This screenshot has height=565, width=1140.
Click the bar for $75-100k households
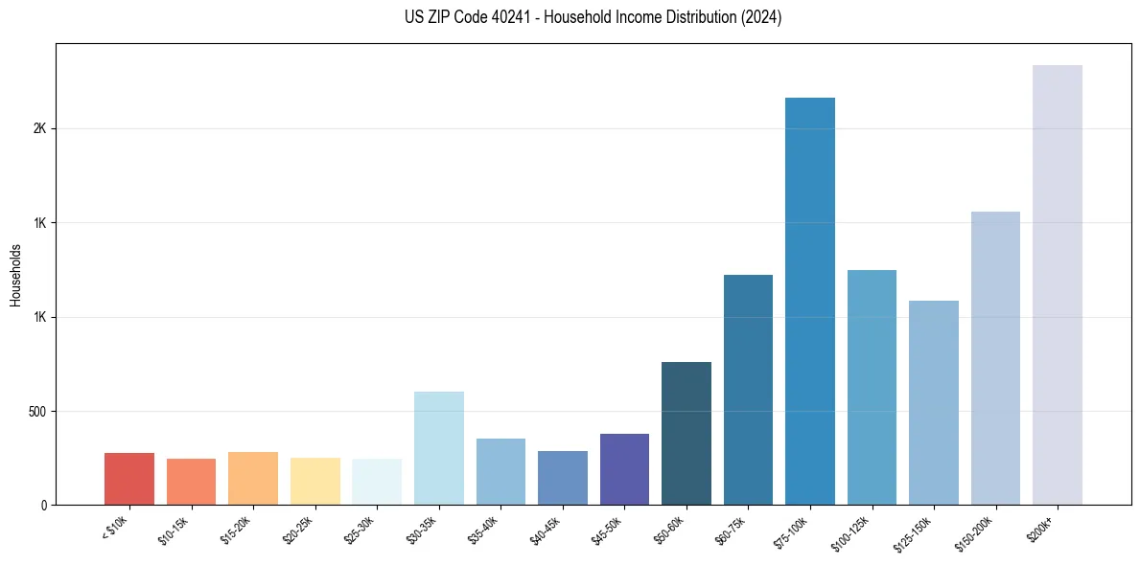point(810,301)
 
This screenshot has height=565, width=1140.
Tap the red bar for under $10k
point(129,479)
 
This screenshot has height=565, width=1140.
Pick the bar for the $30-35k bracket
point(439,448)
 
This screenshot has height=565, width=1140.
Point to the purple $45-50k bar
point(625,469)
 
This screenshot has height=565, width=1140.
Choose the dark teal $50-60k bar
point(686,433)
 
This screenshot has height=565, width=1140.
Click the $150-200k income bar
point(995,358)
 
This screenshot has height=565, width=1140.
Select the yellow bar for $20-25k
point(315,481)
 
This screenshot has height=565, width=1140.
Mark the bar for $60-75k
point(748,390)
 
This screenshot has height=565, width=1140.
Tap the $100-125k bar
point(872,387)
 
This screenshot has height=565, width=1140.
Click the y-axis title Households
point(16,275)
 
